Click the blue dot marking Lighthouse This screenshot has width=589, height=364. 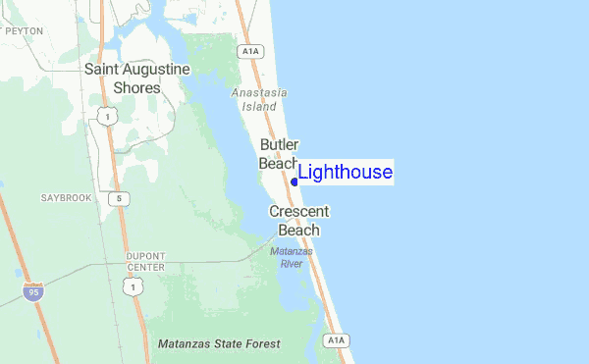click(294, 182)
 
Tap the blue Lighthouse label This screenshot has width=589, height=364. click(345, 173)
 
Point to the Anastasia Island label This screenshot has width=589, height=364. click(260, 99)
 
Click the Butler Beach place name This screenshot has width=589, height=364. click(279, 154)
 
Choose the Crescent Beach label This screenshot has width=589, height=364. click(299, 221)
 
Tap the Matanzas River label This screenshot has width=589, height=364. click(291, 257)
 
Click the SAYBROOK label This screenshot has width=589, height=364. click(66, 197)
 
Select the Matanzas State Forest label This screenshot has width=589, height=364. click(219, 344)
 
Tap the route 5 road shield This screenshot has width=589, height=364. click(118, 199)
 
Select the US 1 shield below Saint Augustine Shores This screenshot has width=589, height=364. click(107, 117)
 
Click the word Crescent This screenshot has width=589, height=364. click(299, 211)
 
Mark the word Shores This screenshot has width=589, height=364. click(136, 87)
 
